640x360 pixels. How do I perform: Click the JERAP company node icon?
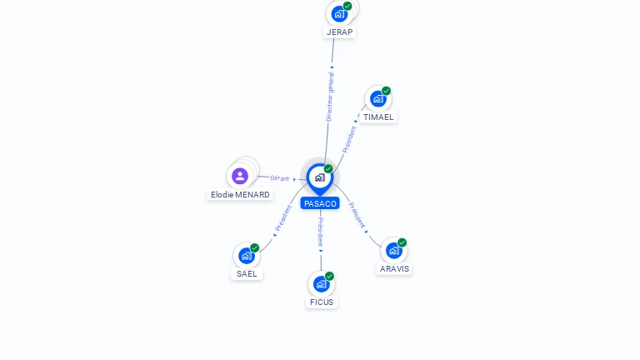coord(338,13)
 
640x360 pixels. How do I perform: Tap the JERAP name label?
coord(339,32)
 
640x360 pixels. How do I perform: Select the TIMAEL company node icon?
coord(378,98)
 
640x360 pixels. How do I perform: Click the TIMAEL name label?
coord(378,117)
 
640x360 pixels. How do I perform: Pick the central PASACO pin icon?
coord(320,177)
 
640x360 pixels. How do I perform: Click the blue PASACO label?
coord(320,203)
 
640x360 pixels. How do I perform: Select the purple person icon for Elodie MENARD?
coord(240,176)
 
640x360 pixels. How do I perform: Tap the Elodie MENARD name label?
coord(240,194)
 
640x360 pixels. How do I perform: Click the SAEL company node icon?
coord(246,255)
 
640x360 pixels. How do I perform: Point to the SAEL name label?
coord(247,273)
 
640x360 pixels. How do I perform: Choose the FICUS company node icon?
coord(321,283)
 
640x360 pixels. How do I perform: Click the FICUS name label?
coord(322,302)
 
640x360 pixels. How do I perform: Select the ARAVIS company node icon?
coord(393,250)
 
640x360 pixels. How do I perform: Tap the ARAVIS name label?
coord(395,268)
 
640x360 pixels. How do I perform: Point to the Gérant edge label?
coord(279,178)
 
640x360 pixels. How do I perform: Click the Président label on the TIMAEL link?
coord(349,138)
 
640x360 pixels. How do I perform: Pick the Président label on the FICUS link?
coord(321,232)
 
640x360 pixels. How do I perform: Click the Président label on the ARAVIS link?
coord(357,215)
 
